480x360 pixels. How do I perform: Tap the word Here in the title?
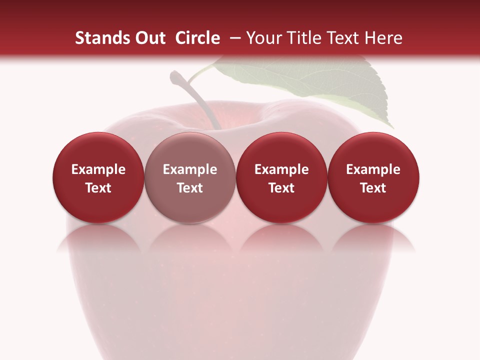click(x=384, y=38)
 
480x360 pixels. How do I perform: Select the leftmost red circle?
click(x=98, y=177)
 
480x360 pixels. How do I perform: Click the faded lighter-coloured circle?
click(x=190, y=177)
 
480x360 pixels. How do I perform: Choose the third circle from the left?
click(x=281, y=177)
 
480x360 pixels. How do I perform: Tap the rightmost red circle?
click(x=373, y=177)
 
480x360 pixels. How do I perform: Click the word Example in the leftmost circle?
click(x=98, y=169)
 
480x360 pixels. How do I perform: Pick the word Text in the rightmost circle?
click(x=373, y=188)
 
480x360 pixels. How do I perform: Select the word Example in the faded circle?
click(x=190, y=169)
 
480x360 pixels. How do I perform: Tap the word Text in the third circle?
click(x=281, y=188)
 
